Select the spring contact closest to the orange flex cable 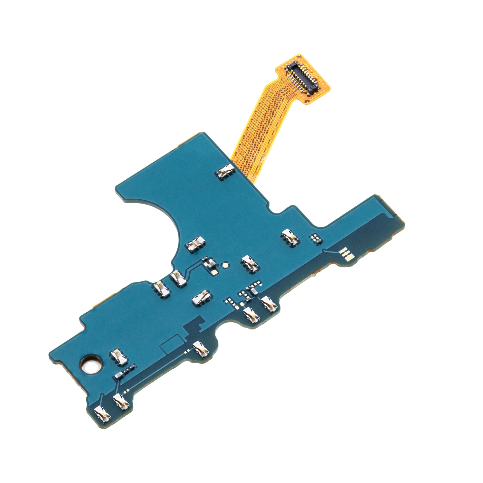coord(225,171)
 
